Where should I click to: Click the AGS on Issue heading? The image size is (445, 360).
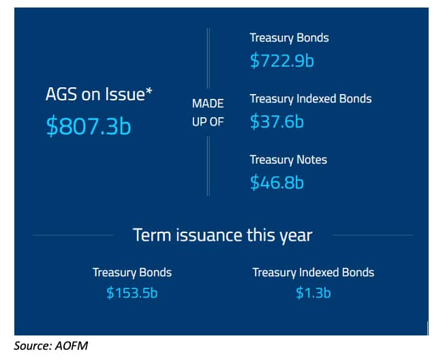click(x=99, y=94)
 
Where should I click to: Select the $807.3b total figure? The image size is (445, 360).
click(x=89, y=125)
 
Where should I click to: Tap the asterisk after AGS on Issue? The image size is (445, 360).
click(x=149, y=91)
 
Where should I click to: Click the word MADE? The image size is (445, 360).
click(x=208, y=104)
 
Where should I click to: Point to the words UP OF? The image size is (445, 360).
click(x=208, y=122)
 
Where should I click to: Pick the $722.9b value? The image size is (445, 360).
click(x=282, y=61)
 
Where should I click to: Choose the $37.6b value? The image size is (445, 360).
click(x=277, y=121)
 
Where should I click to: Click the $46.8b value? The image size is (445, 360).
click(x=277, y=182)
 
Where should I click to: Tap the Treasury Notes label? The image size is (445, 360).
click(x=288, y=160)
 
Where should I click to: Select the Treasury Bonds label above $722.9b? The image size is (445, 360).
click(x=289, y=38)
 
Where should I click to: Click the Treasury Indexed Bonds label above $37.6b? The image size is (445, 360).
click(x=311, y=99)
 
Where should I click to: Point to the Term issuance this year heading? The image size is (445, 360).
click(x=222, y=235)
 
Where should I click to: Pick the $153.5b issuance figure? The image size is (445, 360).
click(x=132, y=292)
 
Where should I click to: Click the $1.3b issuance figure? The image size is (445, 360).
click(x=313, y=292)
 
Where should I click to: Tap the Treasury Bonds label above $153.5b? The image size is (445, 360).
click(x=132, y=273)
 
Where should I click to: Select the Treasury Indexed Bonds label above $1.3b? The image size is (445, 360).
click(x=313, y=273)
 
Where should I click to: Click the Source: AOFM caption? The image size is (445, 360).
click(x=51, y=346)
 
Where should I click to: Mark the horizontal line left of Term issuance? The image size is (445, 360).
click(x=73, y=235)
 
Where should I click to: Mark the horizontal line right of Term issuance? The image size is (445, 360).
click(x=373, y=235)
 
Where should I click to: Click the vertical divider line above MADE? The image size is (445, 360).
click(x=209, y=58)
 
